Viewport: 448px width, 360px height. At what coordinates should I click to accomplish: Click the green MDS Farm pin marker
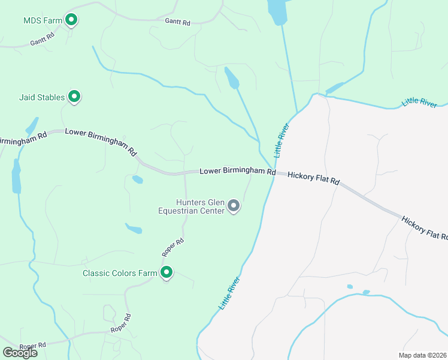[x=72, y=20]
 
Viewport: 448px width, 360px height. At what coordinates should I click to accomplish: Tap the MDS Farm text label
[x=43, y=20]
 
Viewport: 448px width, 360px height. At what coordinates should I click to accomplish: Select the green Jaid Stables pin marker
[x=74, y=96]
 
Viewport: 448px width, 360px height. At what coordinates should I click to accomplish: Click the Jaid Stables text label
[x=41, y=97]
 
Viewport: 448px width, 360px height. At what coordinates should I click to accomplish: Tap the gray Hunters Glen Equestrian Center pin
[x=234, y=206]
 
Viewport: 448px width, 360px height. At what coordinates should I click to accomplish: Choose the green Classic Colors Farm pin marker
[x=167, y=272]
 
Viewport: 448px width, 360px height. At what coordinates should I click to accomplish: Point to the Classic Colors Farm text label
[x=120, y=273]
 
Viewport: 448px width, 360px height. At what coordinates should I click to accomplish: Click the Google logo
[x=20, y=353]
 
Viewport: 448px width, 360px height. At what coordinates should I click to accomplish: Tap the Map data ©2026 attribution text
[x=423, y=355]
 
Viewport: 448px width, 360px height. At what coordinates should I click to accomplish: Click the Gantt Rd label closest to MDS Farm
[x=43, y=40]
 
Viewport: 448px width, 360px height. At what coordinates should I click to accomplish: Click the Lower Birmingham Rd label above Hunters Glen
[x=237, y=171]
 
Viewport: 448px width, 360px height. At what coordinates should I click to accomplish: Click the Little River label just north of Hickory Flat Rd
[x=281, y=140]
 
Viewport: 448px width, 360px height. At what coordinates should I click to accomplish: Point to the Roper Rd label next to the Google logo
[x=32, y=346]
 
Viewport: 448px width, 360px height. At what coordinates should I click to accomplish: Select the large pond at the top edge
[x=277, y=11]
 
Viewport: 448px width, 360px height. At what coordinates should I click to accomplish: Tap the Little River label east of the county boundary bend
[x=419, y=102]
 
